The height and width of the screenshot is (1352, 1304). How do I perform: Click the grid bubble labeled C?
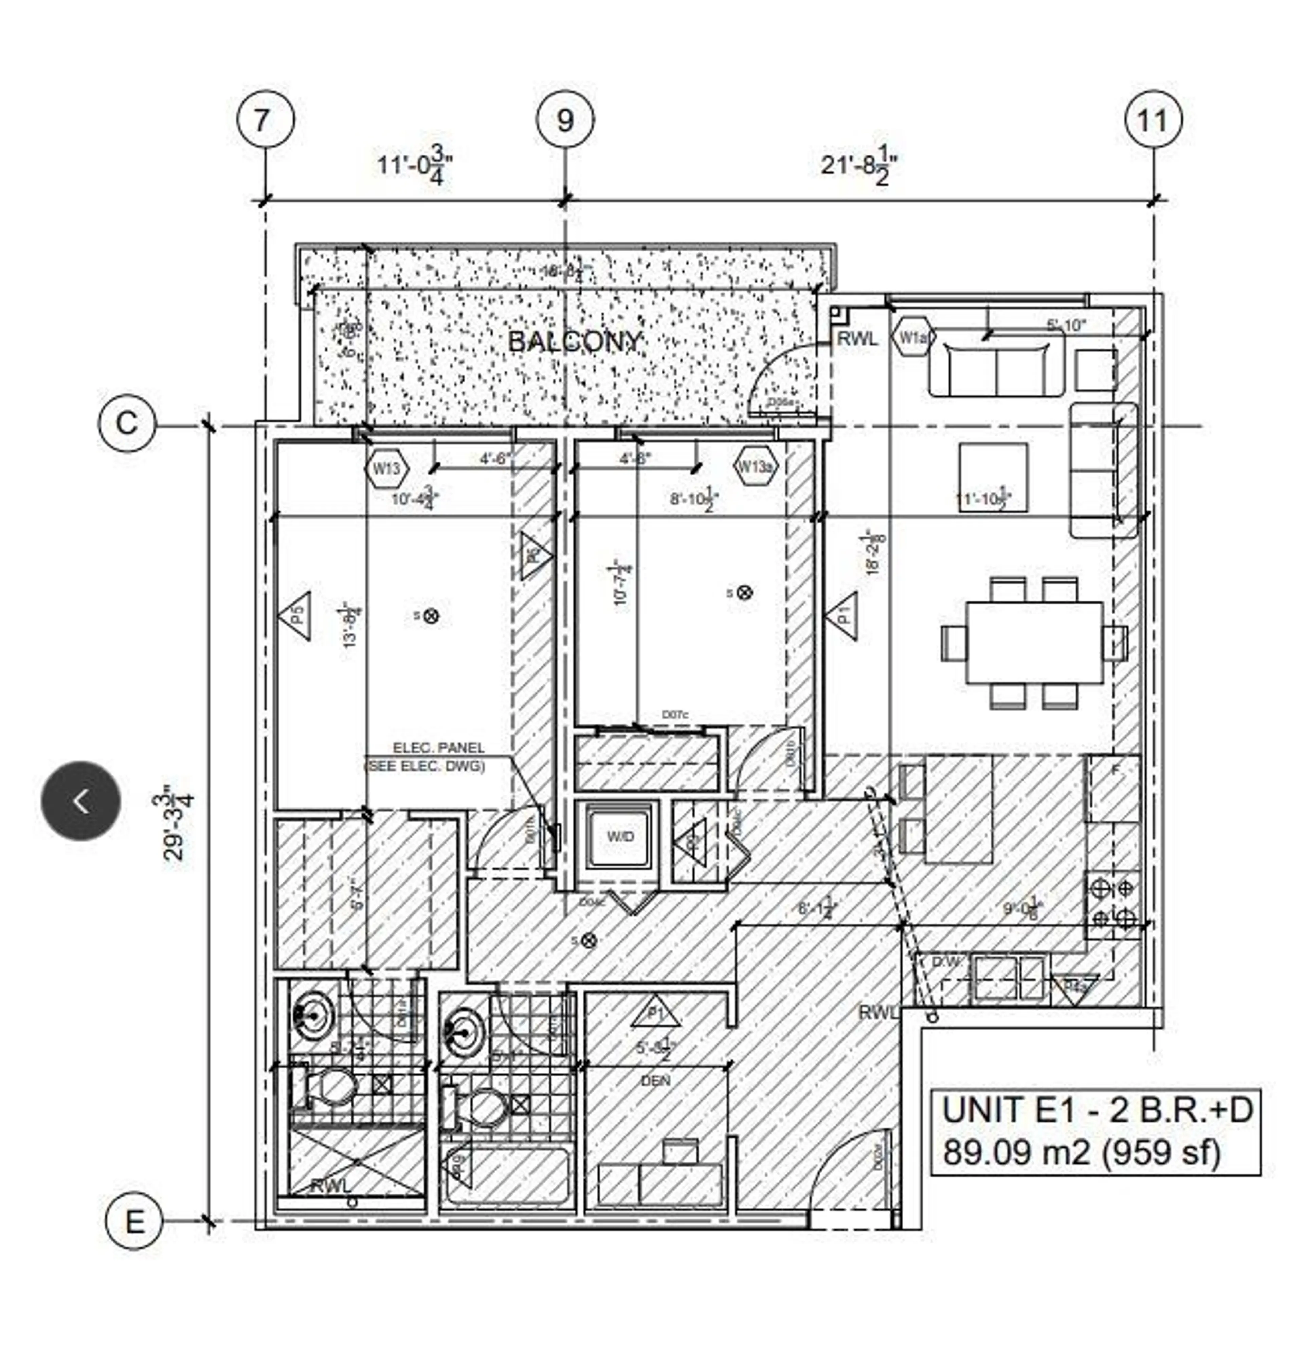126,423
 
